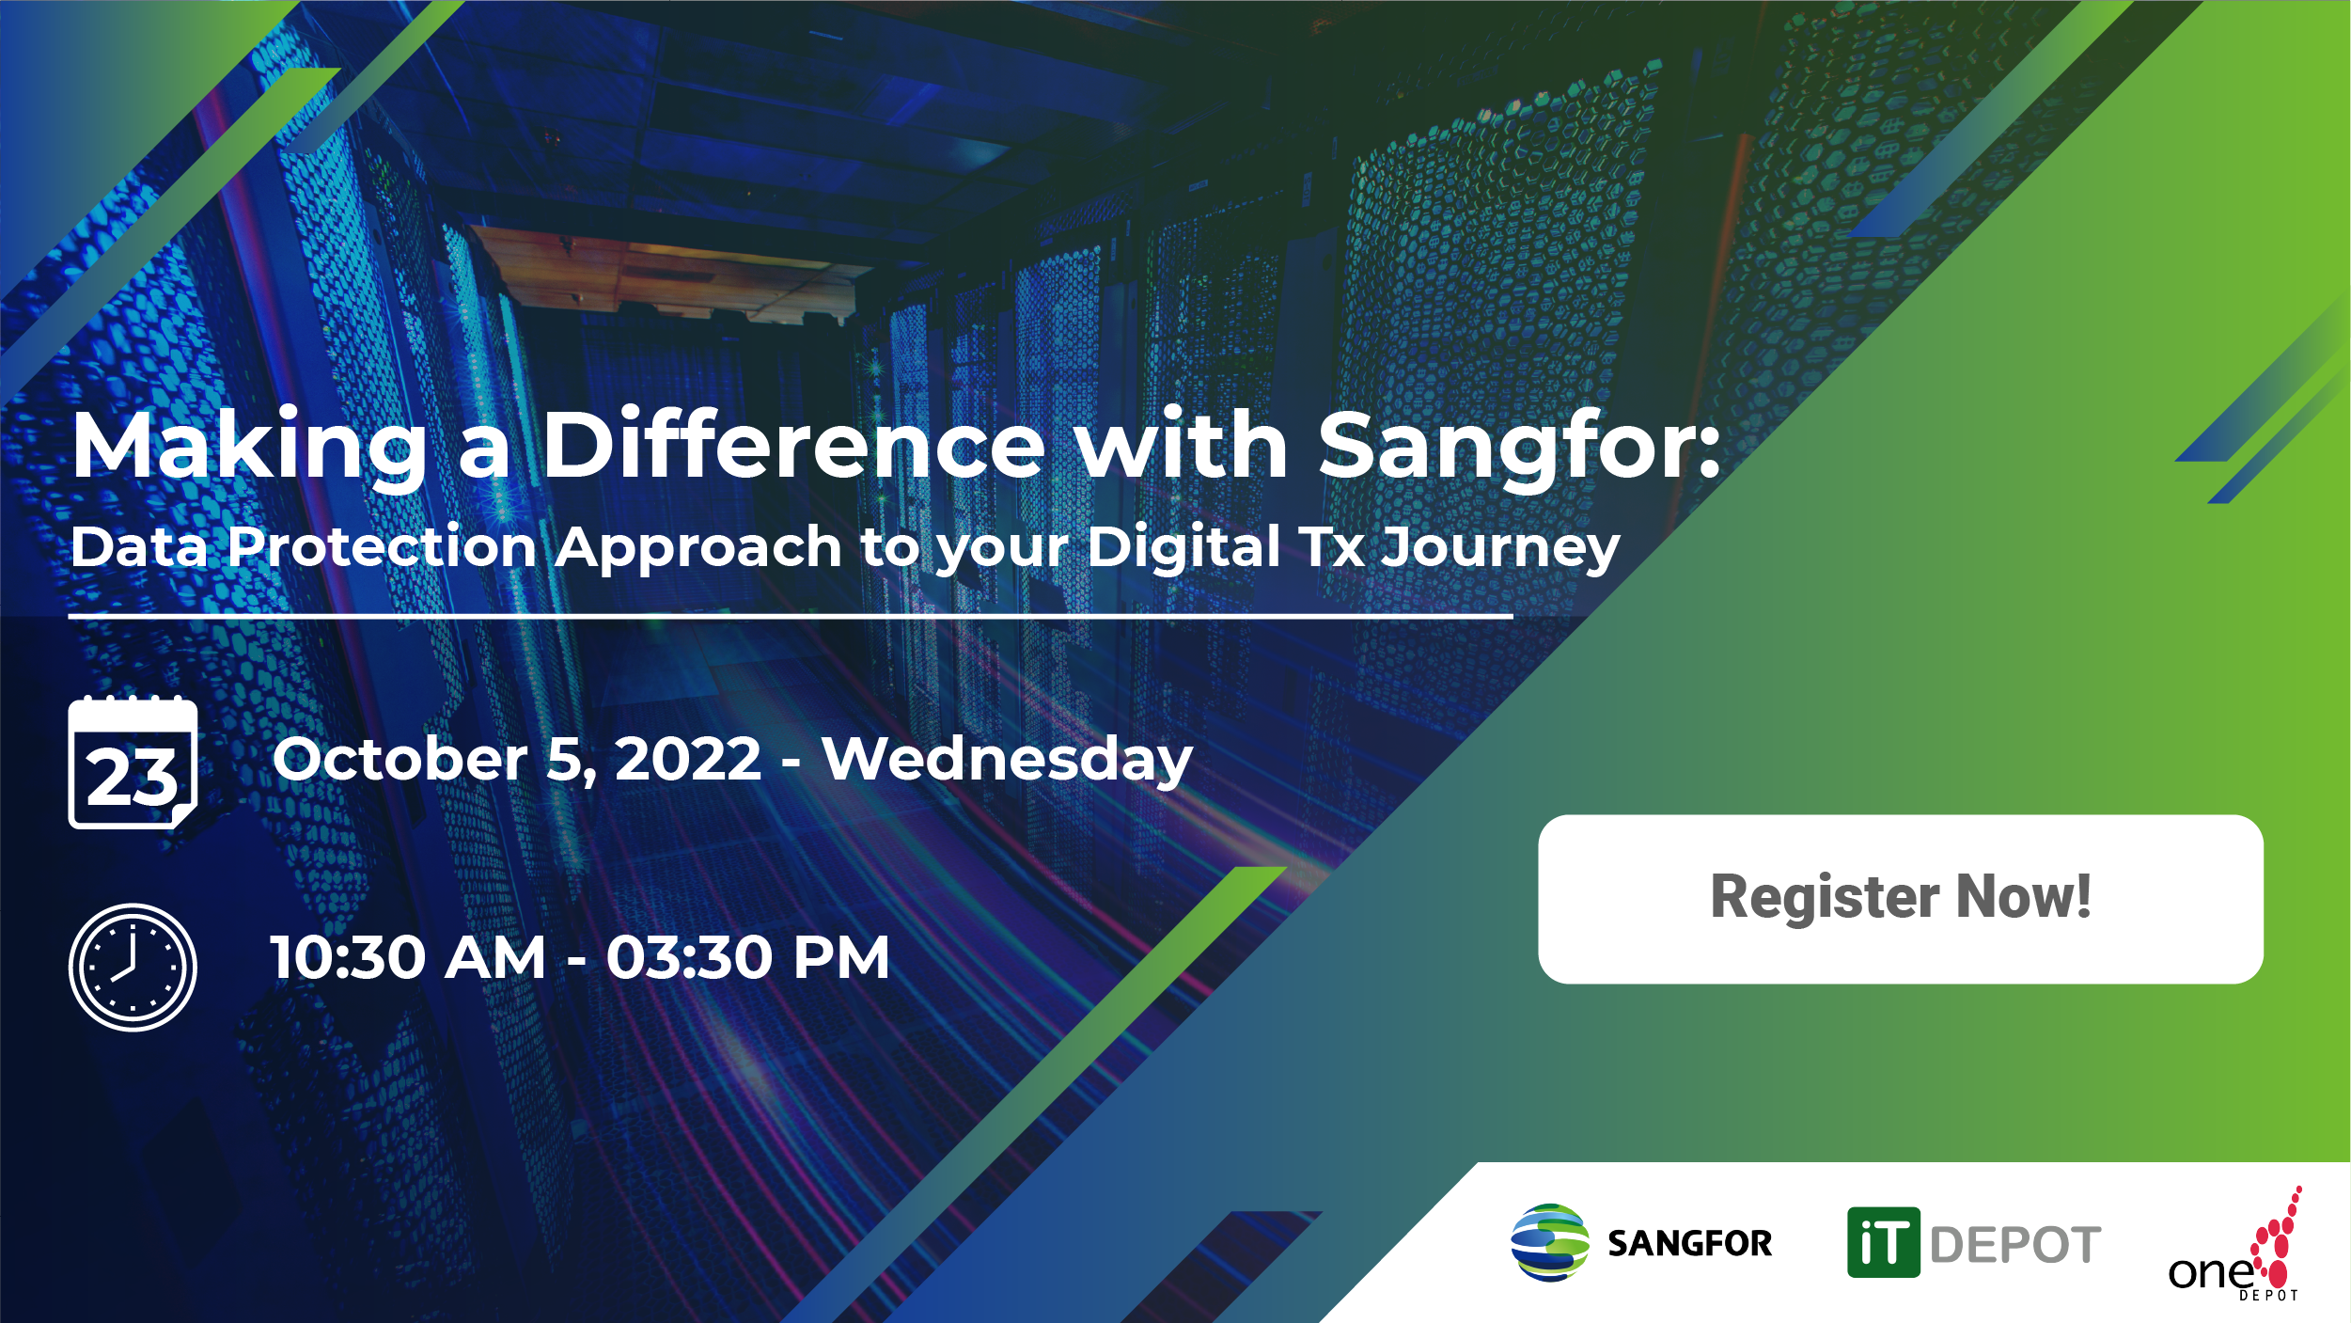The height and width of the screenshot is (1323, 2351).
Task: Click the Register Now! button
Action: (1900, 898)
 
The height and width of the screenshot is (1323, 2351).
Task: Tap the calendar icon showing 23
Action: (133, 764)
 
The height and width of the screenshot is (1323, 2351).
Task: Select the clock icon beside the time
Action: (133, 967)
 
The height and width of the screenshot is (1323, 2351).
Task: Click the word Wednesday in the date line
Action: (1007, 759)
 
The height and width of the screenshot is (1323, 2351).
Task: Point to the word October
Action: (400, 759)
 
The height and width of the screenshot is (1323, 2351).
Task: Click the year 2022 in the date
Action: (687, 759)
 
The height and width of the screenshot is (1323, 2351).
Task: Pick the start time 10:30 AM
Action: (407, 958)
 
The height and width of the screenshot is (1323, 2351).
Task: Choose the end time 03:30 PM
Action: (747, 958)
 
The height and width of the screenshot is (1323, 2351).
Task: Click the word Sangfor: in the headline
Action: (1518, 447)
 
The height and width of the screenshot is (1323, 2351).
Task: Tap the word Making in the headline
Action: (250, 447)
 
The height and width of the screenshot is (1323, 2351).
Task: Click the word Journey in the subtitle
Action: (1499, 548)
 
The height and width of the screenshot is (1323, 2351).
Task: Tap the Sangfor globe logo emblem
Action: (1549, 1243)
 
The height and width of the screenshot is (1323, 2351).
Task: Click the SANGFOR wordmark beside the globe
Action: (1689, 1244)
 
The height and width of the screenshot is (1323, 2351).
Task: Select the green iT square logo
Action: (1883, 1243)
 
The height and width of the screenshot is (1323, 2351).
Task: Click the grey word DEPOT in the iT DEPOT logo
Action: (2014, 1246)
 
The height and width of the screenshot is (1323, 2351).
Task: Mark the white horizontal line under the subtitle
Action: (790, 617)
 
